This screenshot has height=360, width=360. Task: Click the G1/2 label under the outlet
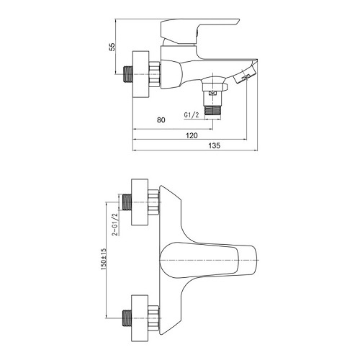192,114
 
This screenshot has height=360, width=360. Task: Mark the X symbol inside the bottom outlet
214,84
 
